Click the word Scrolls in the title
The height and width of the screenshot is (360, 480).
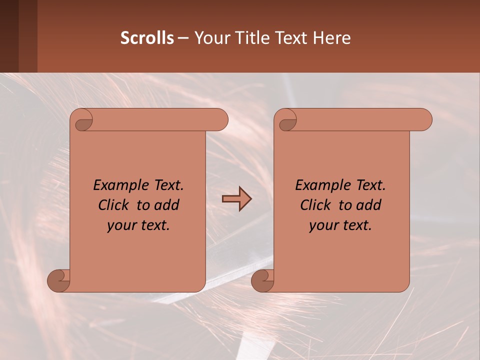(x=147, y=38)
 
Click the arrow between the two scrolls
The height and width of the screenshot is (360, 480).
(x=236, y=199)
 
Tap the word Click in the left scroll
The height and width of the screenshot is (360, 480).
(x=114, y=205)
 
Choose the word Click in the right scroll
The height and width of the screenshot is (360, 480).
(x=315, y=205)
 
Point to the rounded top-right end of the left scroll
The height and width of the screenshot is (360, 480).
(x=220, y=120)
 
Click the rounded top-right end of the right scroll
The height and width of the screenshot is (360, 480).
(x=424, y=120)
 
